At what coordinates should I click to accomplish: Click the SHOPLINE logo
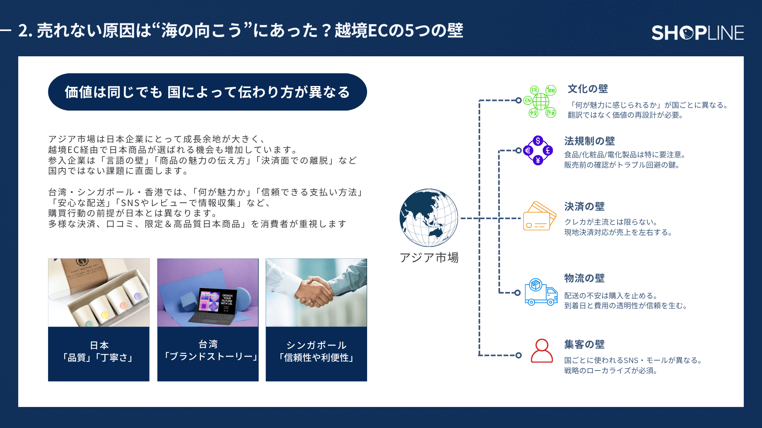point(697,32)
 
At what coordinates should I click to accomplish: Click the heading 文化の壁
point(587,89)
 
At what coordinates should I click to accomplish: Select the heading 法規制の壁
point(589,141)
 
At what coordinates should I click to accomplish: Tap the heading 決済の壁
point(584,206)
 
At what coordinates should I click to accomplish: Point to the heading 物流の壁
point(584,278)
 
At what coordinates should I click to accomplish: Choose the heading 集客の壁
point(584,344)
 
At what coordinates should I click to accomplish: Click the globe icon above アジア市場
point(429,218)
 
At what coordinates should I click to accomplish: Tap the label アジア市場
point(429,258)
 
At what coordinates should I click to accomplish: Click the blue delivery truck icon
point(541,292)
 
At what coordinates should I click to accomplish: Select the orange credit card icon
point(539,216)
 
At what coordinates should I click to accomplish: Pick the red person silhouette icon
point(542,351)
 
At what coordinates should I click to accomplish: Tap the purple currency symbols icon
point(538,151)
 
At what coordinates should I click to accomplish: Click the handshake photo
point(316,292)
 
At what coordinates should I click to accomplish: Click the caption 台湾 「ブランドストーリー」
point(208,351)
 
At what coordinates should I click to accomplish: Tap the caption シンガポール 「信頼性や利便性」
point(316,352)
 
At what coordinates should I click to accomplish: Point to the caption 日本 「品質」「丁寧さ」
point(98,352)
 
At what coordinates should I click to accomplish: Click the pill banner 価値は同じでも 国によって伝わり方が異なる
point(207,92)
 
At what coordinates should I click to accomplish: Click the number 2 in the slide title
point(23,31)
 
